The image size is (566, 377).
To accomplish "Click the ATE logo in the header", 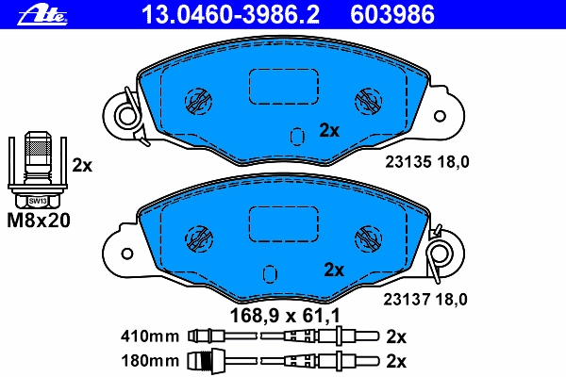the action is (x=42, y=15).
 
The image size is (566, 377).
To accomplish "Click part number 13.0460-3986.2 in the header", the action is (x=231, y=14).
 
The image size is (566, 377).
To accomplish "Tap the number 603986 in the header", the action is (x=392, y=14).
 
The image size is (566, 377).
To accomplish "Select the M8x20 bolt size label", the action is (x=39, y=220).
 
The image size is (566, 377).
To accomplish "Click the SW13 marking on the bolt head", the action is (x=38, y=201).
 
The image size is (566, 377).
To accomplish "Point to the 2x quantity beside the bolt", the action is (x=82, y=165).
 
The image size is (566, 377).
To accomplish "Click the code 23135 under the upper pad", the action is (x=408, y=162).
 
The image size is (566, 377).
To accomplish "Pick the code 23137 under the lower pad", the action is (x=407, y=300).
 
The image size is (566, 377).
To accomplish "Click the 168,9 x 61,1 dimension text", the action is (x=285, y=316).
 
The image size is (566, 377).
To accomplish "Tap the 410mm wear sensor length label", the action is (x=150, y=336).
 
